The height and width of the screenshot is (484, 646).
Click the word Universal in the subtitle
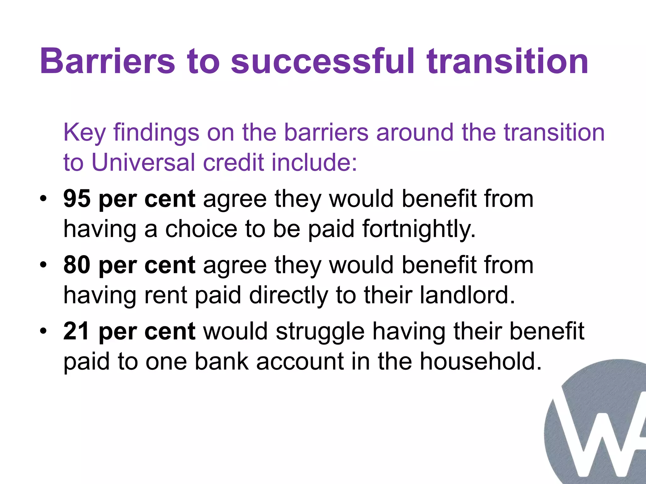(x=143, y=163)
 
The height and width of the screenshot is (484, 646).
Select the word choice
(x=201, y=229)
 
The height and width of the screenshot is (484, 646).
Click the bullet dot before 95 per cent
(x=44, y=199)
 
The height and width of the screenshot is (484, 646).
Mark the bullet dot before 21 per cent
(x=44, y=331)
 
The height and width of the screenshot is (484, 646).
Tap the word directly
(x=288, y=296)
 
